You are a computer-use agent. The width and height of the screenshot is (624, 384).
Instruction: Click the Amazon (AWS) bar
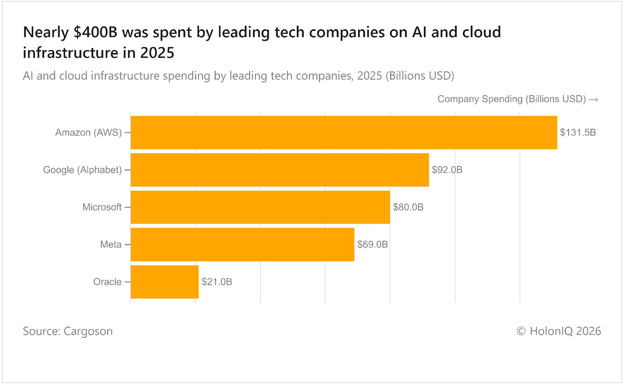tap(344, 132)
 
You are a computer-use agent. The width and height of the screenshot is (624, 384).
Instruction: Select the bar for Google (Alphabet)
tap(280, 170)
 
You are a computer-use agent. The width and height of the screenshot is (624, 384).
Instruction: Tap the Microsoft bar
tap(260, 207)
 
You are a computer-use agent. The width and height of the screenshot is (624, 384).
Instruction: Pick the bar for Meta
tap(242, 245)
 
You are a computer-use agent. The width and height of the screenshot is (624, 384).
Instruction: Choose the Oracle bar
tap(165, 282)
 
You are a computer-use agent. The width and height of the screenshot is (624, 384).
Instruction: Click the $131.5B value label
tap(578, 133)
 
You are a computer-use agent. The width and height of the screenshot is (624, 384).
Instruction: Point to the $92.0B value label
tap(447, 170)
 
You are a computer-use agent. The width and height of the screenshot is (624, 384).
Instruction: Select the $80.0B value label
tap(408, 207)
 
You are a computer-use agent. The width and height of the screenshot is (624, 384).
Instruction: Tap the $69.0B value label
tap(372, 245)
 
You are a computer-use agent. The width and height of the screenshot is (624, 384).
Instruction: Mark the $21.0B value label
tap(217, 282)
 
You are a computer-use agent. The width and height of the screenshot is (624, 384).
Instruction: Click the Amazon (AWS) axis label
tap(89, 133)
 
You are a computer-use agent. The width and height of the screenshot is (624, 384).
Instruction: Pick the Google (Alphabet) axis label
tap(82, 170)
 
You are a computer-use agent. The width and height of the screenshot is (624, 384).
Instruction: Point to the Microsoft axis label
tap(102, 207)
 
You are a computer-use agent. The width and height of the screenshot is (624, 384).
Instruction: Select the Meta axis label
tap(111, 245)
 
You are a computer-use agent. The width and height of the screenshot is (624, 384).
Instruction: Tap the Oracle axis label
tap(107, 282)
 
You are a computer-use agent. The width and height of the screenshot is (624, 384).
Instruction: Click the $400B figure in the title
tap(95, 32)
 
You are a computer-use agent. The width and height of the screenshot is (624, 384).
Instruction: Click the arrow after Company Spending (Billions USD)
tap(594, 100)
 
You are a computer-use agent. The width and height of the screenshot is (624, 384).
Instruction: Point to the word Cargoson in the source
tap(88, 331)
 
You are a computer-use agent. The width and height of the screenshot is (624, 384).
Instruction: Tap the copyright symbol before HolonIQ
tap(521, 331)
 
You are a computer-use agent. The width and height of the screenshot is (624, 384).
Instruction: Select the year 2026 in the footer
tap(589, 331)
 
